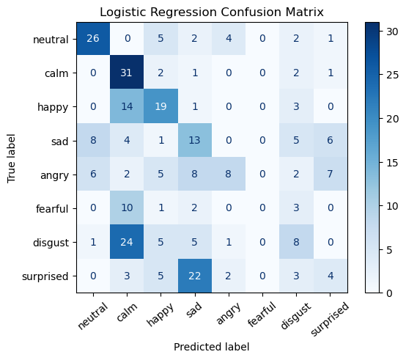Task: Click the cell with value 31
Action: pos(127,73)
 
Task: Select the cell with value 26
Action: pos(93,38)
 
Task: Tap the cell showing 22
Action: pos(195,276)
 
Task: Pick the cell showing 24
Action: pos(127,242)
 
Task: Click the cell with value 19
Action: pos(160,106)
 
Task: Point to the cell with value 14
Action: pos(127,106)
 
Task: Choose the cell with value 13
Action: pos(195,140)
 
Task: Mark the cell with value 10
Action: pos(127,208)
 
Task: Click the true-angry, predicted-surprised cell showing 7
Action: pos(330,174)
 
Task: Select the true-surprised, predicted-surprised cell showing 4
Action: pos(330,276)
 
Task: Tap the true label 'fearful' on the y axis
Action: pos(52,208)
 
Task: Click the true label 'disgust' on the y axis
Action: pos(51,243)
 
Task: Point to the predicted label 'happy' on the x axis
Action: pos(160,315)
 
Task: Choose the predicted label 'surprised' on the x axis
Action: pos(329,319)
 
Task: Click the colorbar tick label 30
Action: pos(392,32)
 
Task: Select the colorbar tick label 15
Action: pos(392,163)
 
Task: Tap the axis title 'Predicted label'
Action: pos(212,347)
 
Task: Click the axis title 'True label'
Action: pos(11,158)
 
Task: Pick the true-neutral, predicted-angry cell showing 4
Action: pos(229,38)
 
